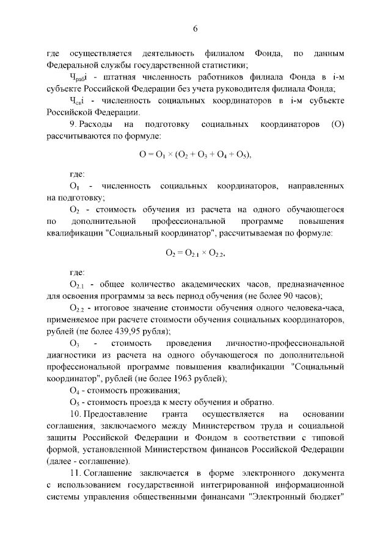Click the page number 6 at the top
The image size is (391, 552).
coord(195,29)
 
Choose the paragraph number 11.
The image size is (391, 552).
coord(74,473)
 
